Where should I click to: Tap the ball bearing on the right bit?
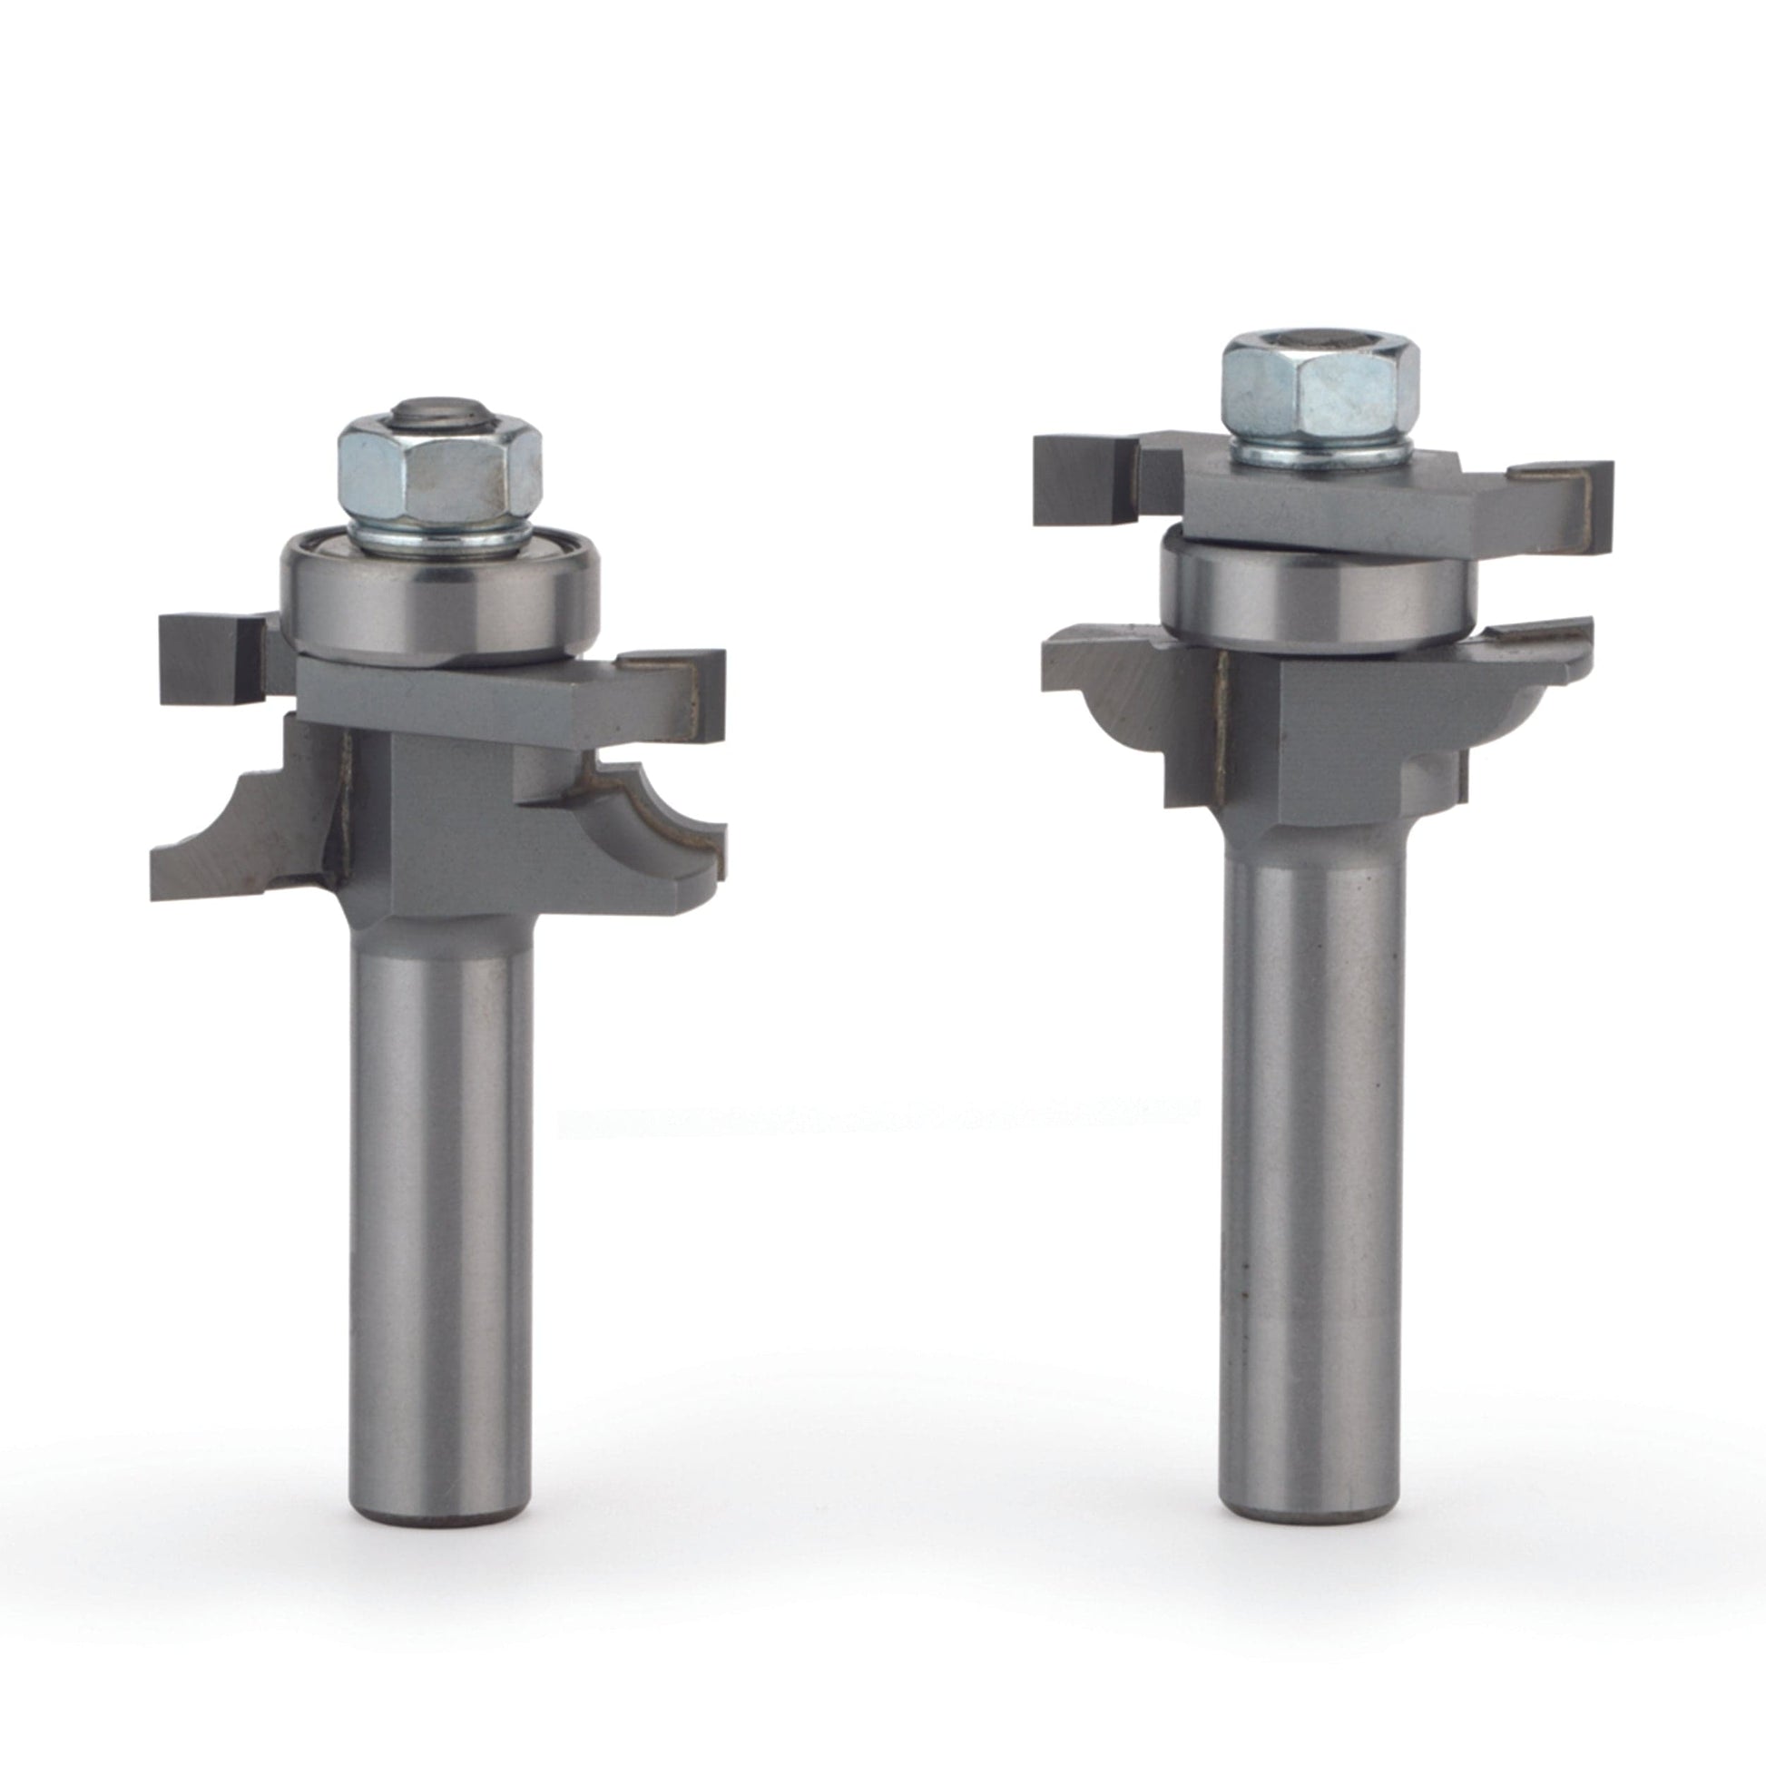click(x=1316, y=594)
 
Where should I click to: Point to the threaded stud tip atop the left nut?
click(x=437, y=412)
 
